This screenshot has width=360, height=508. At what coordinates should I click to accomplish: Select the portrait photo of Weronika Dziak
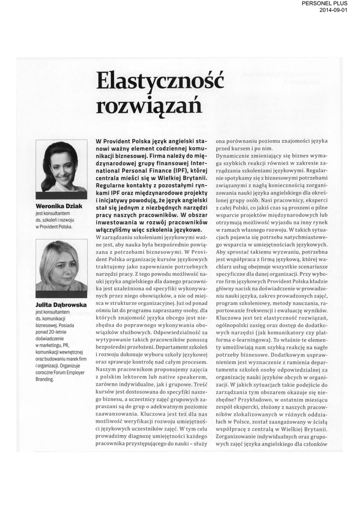[x=61, y=167]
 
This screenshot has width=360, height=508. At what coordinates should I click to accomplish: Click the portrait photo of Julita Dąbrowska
[x=61, y=265]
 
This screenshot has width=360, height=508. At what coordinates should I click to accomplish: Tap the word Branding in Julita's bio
[x=45, y=380]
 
